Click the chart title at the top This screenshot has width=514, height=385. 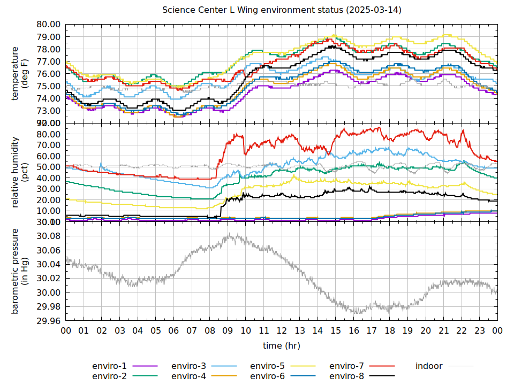coord(282,11)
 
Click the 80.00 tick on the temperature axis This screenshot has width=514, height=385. coord(48,25)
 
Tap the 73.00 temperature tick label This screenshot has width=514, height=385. coord(48,111)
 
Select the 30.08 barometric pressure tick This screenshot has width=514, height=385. coord(48,236)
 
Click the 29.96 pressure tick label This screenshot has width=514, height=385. coord(48,321)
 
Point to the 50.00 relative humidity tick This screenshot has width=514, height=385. coord(48,167)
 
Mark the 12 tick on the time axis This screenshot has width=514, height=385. coord(282,331)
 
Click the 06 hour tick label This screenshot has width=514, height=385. coord(173,331)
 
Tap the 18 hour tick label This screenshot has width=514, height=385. coord(390,331)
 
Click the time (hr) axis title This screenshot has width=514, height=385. coord(282,346)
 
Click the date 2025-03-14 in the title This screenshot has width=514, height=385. coord(373,11)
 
